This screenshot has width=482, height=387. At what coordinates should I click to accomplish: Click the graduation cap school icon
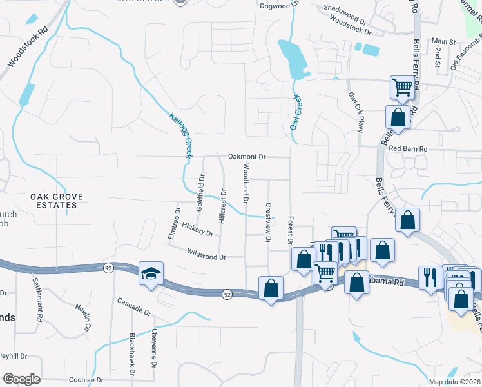point(150,273)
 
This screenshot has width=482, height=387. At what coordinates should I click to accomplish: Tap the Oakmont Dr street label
point(247,157)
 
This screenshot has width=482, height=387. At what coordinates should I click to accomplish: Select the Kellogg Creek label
point(180,135)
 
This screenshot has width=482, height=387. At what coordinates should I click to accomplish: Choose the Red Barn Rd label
point(409,149)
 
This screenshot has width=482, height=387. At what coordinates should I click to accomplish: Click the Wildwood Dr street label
point(206,257)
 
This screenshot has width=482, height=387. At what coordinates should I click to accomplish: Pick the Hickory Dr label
point(197,228)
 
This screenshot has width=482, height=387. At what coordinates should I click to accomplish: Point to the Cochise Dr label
point(83,380)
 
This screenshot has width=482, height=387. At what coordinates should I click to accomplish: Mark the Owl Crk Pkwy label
point(356,112)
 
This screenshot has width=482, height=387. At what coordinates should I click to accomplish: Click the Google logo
point(21,379)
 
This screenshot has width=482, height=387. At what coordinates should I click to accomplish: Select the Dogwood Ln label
point(279,5)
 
